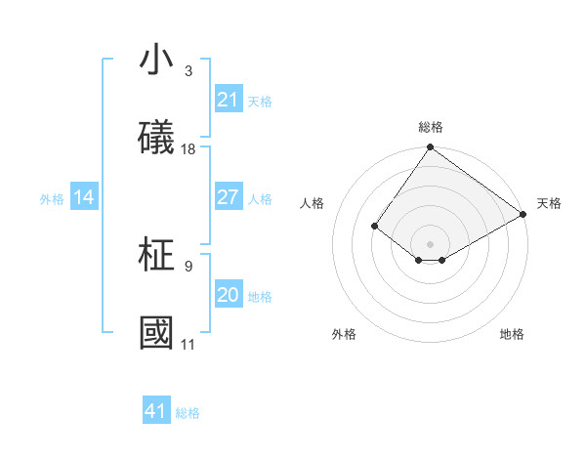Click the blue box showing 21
tap(228, 100)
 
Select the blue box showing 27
tap(228, 197)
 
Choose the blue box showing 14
tap(84, 198)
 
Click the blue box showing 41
tap(156, 411)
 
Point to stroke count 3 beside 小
tap(188, 71)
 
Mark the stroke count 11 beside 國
tap(188, 344)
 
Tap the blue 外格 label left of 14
tap(52, 199)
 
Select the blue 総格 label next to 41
tap(188, 413)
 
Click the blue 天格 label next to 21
tap(260, 101)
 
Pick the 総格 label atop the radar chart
tap(431, 127)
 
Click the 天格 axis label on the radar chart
tap(549, 203)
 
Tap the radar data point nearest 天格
tap(523, 214)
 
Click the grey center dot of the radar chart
tap(430, 243)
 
